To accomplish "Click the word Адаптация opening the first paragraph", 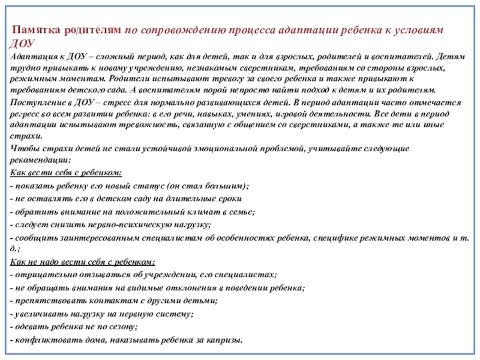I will [x=30, y=55].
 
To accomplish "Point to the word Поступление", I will [x=36, y=101].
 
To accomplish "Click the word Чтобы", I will [x=22, y=148].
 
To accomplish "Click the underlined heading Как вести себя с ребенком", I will [x=66, y=173].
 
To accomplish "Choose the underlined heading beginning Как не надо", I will [x=82, y=262].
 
